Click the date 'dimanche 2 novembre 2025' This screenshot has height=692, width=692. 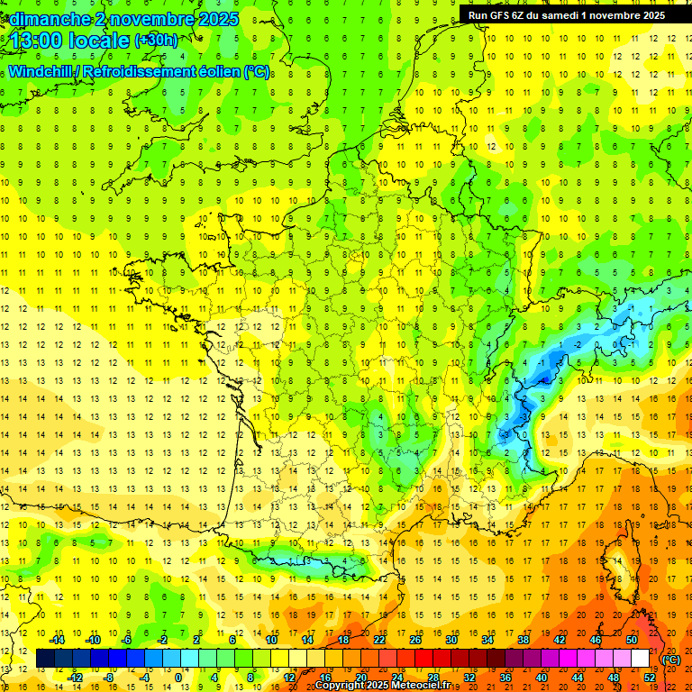tap(121, 19)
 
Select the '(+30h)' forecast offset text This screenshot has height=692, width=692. tap(156, 41)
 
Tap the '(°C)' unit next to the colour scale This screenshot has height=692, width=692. tap(671, 660)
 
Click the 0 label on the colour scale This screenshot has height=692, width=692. tap(179, 678)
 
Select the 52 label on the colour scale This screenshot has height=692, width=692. tap(650, 678)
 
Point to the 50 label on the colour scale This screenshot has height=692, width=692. tap(632, 640)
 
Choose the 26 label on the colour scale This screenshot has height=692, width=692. tap(415, 640)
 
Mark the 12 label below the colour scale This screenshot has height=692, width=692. tap(288, 678)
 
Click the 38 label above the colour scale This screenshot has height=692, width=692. tap(524, 640)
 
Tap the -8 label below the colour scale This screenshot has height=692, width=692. tap(108, 678)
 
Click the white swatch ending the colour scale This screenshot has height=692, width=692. tap(641, 659)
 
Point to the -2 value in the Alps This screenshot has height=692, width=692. tap(578, 344)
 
